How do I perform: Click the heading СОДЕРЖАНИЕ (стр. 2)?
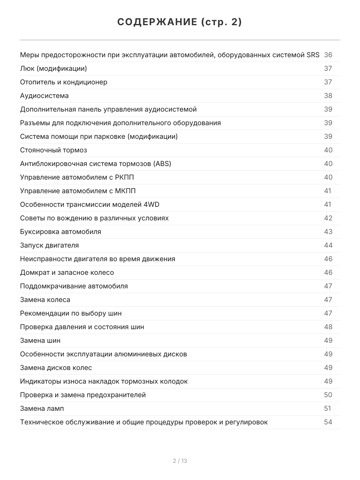(x=180, y=22)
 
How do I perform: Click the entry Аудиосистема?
(x=44, y=96)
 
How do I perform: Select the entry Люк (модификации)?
(x=53, y=68)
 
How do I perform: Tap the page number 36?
(x=328, y=55)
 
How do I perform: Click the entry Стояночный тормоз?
(x=53, y=150)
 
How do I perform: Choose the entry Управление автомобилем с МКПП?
(x=80, y=191)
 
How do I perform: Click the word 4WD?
(x=151, y=204)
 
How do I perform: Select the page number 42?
(x=328, y=218)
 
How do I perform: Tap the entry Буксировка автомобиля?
(x=60, y=232)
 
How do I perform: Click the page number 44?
(x=328, y=245)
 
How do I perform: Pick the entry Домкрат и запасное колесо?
(x=67, y=272)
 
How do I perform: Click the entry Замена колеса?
(x=45, y=300)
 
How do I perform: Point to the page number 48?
(x=328, y=327)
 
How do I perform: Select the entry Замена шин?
(x=40, y=340)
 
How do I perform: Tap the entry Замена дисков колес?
(x=56, y=368)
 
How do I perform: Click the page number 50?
(x=328, y=395)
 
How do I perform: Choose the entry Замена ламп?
(x=42, y=408)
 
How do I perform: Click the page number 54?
(x=328, y=422)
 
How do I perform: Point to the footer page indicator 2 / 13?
(x=180, y=461)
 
